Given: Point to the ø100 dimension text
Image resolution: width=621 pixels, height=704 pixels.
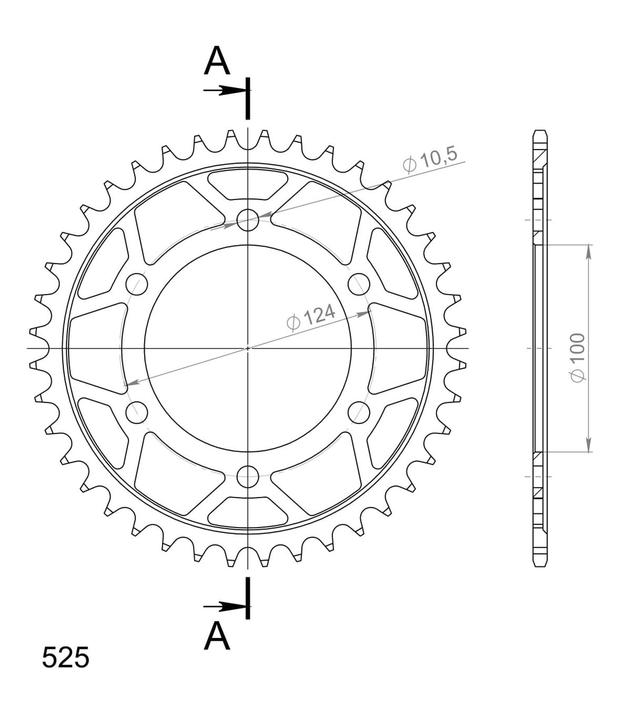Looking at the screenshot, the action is tap(577, 358).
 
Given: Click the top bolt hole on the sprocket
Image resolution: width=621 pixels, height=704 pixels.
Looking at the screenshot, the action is tap(248, 220).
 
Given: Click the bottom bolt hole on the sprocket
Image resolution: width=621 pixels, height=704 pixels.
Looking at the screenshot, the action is tap(248, 476).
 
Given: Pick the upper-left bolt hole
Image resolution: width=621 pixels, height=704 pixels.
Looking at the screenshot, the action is tap(137, 284).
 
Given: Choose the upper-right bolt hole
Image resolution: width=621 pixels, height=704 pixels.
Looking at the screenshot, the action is tap(359, 284).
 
